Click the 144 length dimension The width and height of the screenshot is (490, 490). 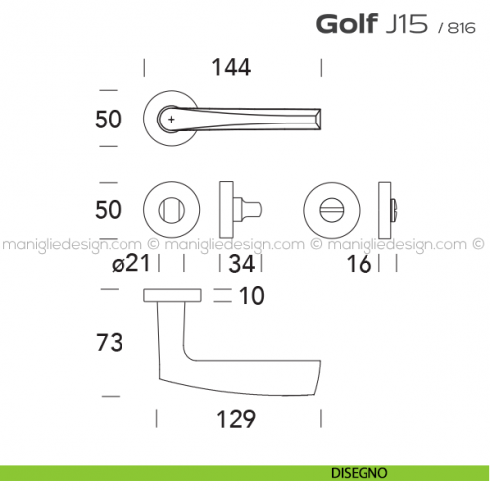232,68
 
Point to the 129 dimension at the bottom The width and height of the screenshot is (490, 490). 236,419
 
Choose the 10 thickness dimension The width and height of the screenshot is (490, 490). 251,296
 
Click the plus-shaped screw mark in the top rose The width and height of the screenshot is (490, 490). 172,120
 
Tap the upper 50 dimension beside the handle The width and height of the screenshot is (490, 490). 108,120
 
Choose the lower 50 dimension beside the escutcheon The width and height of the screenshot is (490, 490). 108,209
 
